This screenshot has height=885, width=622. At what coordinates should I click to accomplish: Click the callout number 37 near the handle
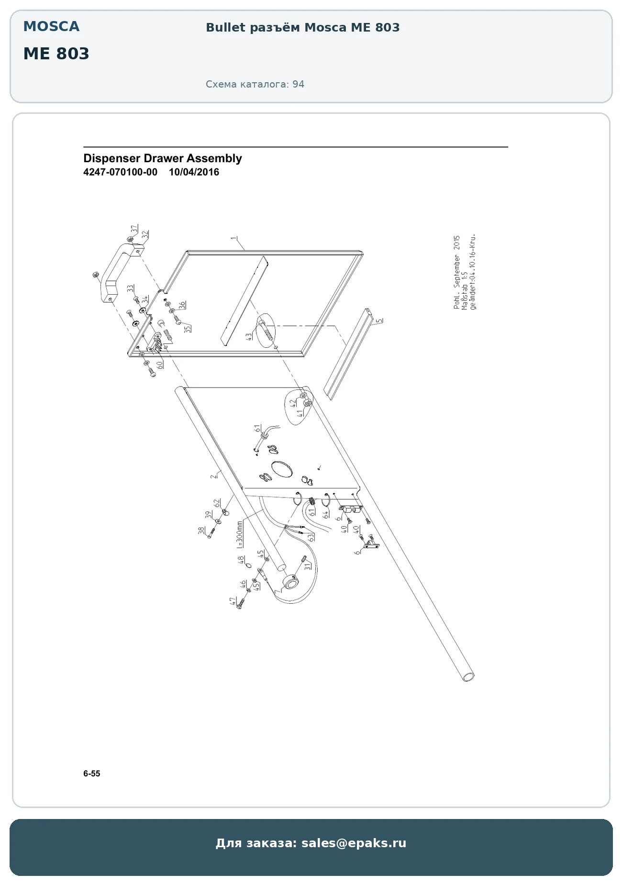(134, 229)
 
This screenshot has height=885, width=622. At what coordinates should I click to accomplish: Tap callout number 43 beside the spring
(249, 336)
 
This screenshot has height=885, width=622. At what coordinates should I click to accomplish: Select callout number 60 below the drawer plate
(160, 364)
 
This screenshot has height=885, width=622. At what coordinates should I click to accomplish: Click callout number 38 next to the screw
(201, 531)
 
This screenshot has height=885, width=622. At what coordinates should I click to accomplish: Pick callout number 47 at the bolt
(233, 601)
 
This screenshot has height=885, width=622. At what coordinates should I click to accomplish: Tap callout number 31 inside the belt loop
(308, 566)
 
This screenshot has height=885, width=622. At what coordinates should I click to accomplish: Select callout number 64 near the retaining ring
(326, 515)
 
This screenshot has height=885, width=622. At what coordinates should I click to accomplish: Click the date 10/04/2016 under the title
(194, 172)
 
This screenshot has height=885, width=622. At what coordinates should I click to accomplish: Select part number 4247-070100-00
(120, 172)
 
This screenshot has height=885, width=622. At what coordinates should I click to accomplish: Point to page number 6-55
(92, 774)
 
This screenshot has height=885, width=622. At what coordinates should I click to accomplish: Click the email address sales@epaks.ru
(354, 843)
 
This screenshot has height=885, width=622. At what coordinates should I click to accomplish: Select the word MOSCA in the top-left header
(51, 26)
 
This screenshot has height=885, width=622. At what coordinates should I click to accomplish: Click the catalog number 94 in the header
(299, 84)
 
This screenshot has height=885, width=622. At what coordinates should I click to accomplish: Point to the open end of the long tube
(468, 677)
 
